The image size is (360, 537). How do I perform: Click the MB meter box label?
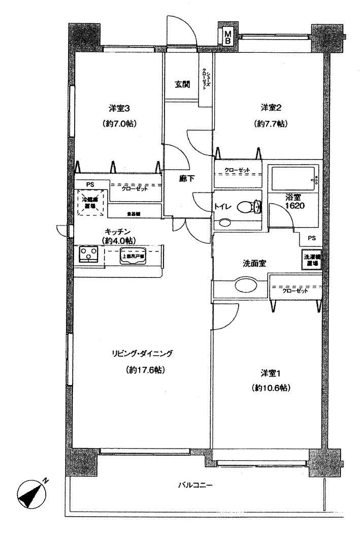[x=228, y=37]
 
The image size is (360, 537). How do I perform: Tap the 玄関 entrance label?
[x=183, y=84]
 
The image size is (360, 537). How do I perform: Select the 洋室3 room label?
[x=120, y=108]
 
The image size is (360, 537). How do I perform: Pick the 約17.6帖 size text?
[x=147, y=370]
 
